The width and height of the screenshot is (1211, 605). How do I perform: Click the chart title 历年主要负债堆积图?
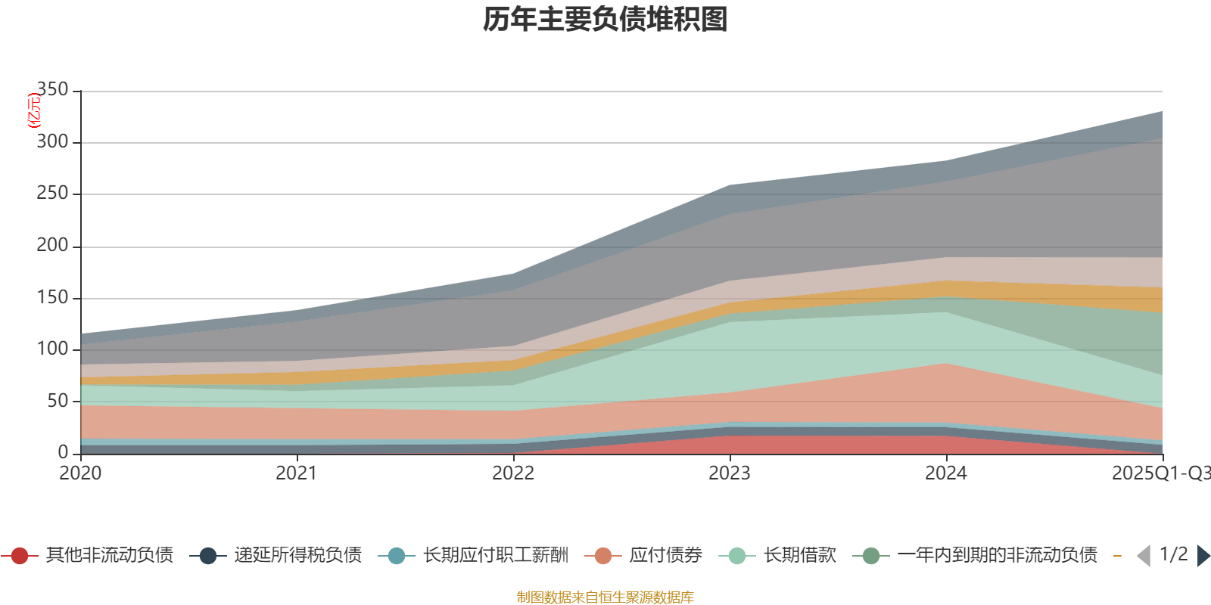point(605,20)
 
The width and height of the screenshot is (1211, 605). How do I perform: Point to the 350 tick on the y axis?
point(52,90)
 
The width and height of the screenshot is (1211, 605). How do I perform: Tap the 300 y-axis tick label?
point(52,142)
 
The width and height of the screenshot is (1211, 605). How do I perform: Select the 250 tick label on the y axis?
point(52,194)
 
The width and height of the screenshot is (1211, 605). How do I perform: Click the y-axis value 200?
point(52,246)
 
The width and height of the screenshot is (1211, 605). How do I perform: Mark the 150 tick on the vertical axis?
point(52,297)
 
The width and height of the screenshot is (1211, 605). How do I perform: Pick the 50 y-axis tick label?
point(58,401)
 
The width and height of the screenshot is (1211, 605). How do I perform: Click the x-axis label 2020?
point(80,473)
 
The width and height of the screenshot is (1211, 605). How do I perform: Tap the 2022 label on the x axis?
point(513,473)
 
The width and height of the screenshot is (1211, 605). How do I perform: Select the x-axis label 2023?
point(730,473)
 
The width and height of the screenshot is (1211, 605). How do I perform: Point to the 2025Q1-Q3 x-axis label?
point(1160,473)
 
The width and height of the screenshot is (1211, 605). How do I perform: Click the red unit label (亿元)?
point(34,110)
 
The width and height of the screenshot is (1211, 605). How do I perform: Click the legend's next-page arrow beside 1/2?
point(1203,556)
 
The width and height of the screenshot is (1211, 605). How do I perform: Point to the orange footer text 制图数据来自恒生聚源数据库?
point(605,597)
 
